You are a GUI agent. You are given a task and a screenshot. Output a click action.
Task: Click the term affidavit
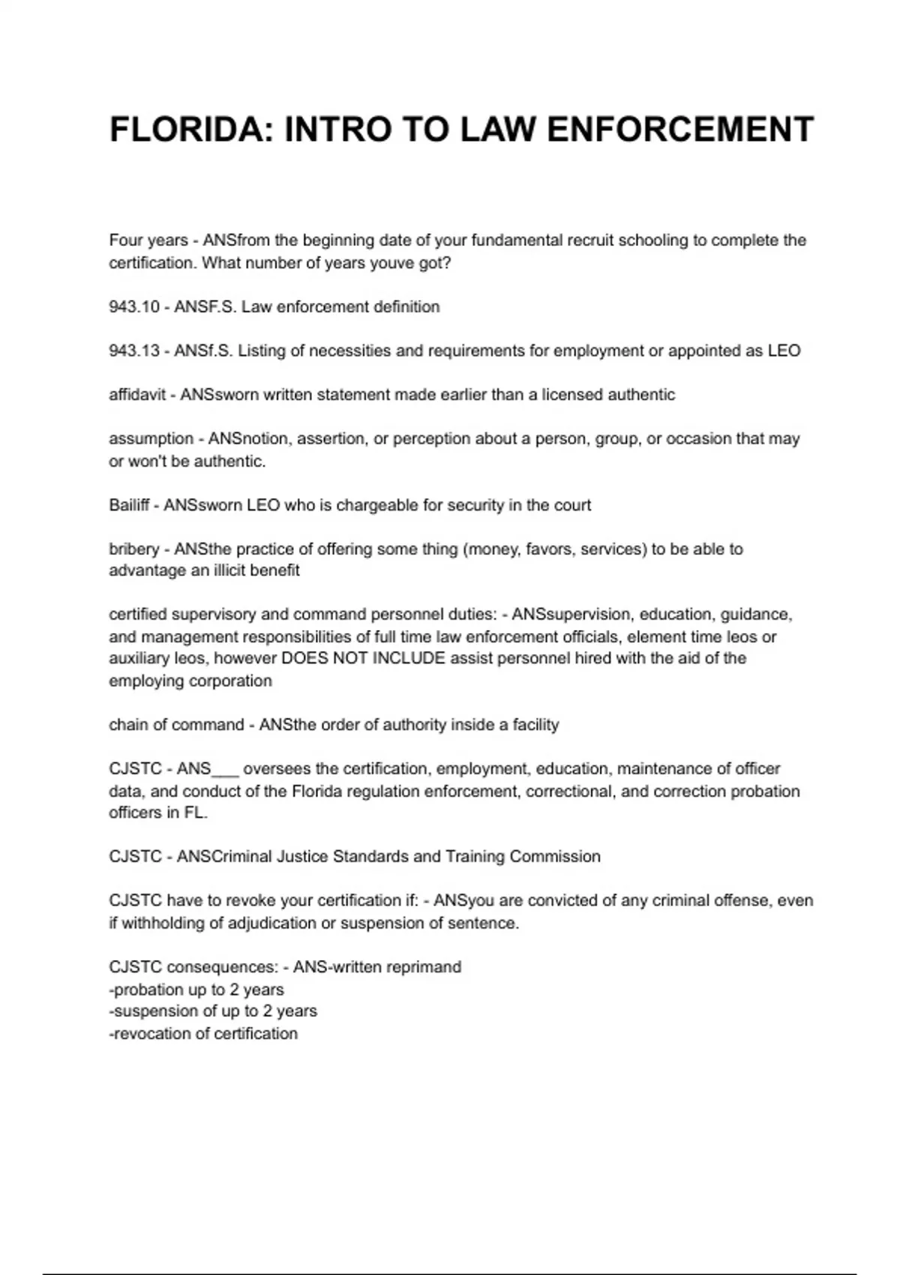[137, 394]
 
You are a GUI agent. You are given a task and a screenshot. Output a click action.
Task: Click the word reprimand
[425, 967]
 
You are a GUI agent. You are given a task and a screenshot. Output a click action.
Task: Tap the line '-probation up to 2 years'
[196, 989]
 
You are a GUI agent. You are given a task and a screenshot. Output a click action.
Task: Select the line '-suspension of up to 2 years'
[213, 1011]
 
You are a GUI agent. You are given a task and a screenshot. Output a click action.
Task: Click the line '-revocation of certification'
[203, 1033]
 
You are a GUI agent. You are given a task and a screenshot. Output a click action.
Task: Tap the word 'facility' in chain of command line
[535, 724]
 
